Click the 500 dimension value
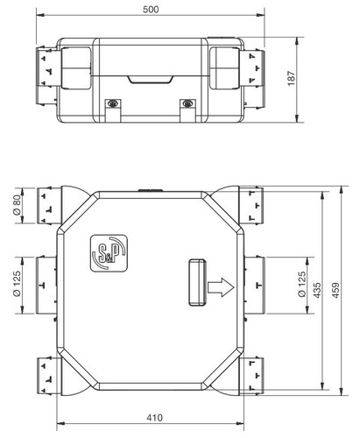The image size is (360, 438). point(151,10)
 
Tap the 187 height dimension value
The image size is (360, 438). point(292,78)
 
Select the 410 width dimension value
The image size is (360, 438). point(154,418)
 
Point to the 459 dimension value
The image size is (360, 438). point(336,290)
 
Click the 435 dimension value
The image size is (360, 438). point(317,290)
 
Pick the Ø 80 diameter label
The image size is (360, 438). point(18,205)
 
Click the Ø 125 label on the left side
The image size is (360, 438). point(18,284)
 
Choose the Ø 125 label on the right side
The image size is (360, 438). point(302,284)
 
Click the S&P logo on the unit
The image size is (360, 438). point(109,253)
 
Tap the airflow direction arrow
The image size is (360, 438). point(221,287)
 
